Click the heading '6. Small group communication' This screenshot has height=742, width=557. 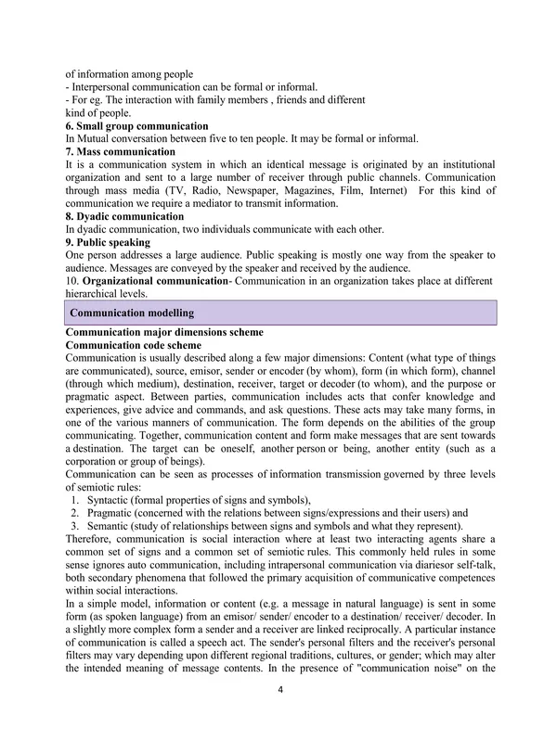(136, 126)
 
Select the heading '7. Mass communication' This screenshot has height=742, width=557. (120, 151)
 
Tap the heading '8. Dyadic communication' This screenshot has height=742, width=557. (125, 216)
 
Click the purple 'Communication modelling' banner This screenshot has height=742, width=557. (133, 313)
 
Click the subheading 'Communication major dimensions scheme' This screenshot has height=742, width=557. (164, 332)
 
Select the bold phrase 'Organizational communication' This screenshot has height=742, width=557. (155, 281)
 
